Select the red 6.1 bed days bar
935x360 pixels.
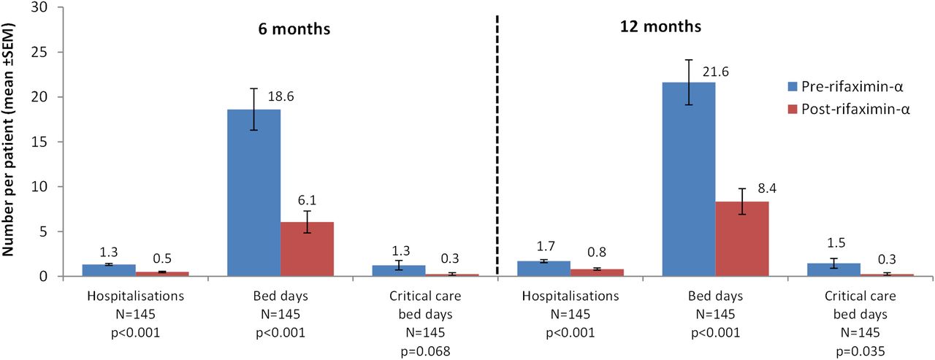(x=308, y=249)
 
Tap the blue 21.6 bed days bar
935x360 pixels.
(x=689, y=180)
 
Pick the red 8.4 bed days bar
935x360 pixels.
(x=742, y=239)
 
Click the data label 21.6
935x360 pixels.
(x=715, y=72)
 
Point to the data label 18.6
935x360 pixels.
(x=280, y=96)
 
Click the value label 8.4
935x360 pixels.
(x=767, y=188)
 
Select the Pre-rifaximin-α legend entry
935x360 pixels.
(x=846, y=86)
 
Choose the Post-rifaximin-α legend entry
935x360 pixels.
(x=849, y=110)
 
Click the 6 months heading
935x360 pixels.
(x=294, y=29)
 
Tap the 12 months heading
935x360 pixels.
(x=660, y=27)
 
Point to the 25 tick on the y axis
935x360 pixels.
(x=41, y=52)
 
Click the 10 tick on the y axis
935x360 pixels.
(x=41, y=186)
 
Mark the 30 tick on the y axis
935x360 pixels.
(x=41, y=7)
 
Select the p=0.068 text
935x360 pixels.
(x=425, y=351)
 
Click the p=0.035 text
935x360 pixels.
(x=860, y=351)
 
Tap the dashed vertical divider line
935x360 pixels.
(x=497, y=145)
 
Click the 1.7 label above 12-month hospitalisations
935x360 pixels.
(x=546, y=246)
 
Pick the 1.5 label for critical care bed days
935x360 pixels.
(x=836, y=242)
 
